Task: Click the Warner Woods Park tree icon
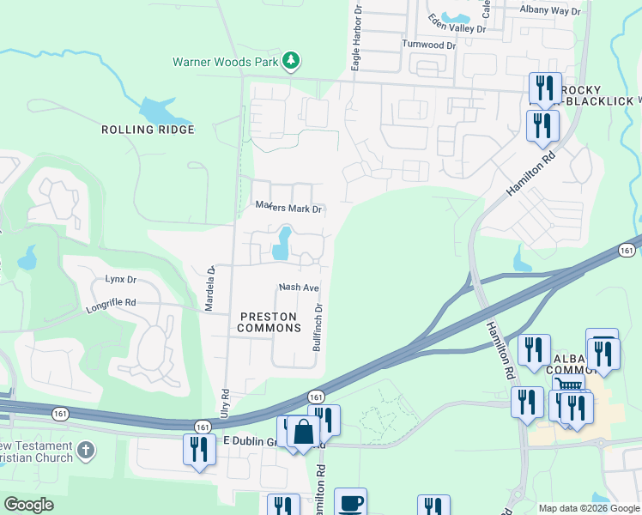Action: click(x=292, y=60)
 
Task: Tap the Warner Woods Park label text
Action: click(x=226, y=62)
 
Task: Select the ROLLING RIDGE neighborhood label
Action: click(x=148, y=130)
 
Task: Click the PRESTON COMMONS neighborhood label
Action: click(x=269, y=322)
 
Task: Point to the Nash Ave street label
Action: click(x=299, y=288)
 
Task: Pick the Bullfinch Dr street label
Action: click(x=318, y=327)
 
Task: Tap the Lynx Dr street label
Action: click(x=121, y=280)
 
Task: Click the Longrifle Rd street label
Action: click(x=111, y=303)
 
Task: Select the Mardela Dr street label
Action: click(x=209, y=288)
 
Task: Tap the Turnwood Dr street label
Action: click(x=428, y=45)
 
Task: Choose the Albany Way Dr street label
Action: click(x=550, y=10)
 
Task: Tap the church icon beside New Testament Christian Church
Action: click(x=85, y=450)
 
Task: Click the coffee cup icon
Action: click(x=350, y=503)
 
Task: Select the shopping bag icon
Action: click(x=304, y=432)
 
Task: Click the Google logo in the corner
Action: click(x=28, y=505)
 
